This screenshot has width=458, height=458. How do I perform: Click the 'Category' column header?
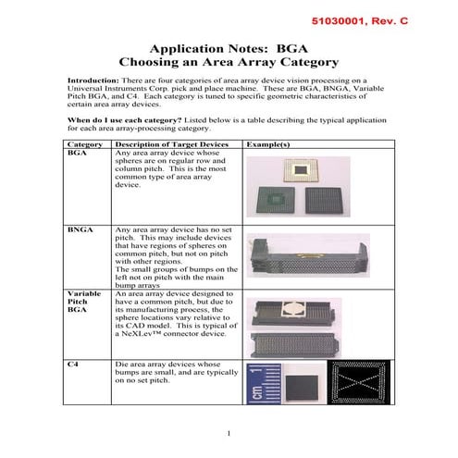coord(85,145)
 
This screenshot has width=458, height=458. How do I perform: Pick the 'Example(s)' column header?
coord(269,145)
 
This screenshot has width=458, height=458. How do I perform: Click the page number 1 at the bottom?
coord(228,433)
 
